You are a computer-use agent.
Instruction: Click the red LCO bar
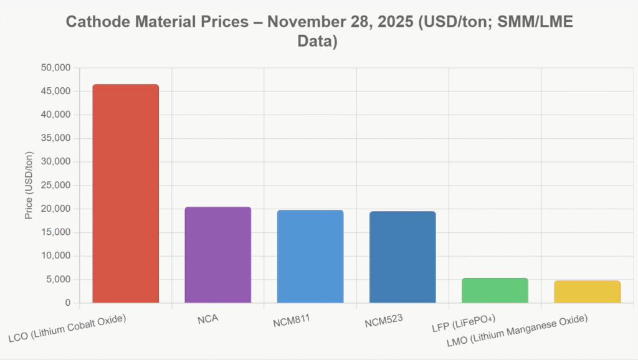pos(125,194)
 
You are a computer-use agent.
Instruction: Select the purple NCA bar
pos(218,255)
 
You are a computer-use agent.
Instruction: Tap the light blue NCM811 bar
pos(310,257)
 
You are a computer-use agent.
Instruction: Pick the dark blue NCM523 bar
pos(402,257)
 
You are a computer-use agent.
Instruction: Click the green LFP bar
pos(495,290)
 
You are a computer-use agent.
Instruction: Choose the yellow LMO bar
pos(587,291)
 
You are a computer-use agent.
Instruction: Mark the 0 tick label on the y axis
pos(67,303)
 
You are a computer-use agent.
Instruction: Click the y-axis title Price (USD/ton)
pos(29,186)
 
